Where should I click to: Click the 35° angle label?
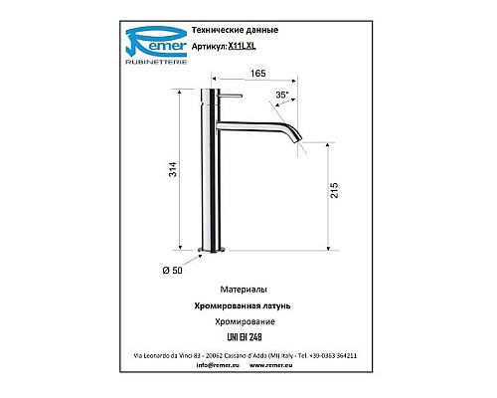tap(282, 95)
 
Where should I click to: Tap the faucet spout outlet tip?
tap(297, 137)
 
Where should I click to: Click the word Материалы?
tap(246, 286)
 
